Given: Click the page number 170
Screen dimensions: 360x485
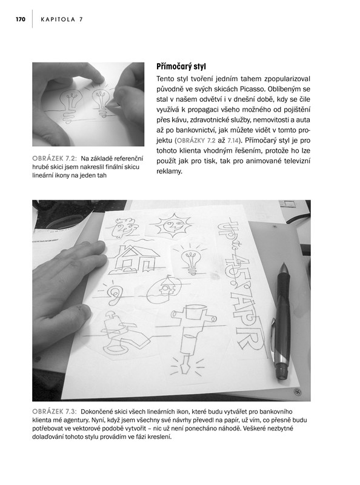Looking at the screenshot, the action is [21, 19].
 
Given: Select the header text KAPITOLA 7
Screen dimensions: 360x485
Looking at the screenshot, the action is [62, 19].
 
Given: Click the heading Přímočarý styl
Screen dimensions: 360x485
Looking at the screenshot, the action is [181, 67].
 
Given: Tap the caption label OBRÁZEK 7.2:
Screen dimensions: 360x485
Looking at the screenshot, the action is [54, 159].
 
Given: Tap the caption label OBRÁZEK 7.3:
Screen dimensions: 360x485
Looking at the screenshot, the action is [54, 412].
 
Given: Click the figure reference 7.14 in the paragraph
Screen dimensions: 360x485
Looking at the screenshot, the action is [233, 141].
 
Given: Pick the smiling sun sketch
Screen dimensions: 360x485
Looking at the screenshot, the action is [172, 225].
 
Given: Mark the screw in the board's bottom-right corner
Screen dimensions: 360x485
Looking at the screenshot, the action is [298, 392].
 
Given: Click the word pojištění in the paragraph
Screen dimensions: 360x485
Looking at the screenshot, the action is [296, 110].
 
